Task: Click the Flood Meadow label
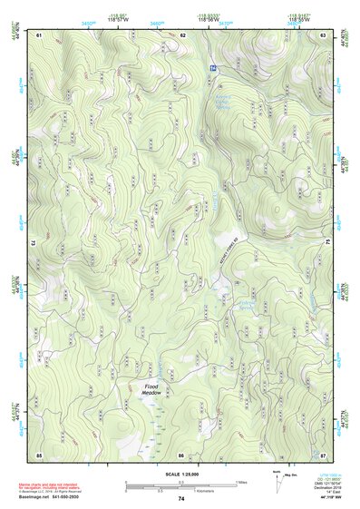point(151,390)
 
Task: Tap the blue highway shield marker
point(212,69)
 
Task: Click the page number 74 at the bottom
point(180,499)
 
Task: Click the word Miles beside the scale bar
point(244,483)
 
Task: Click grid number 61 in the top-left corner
point(39,34)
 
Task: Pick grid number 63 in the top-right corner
point(324,34)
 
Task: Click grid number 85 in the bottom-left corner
point(39,454)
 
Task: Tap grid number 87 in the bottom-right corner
point(324,454)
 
